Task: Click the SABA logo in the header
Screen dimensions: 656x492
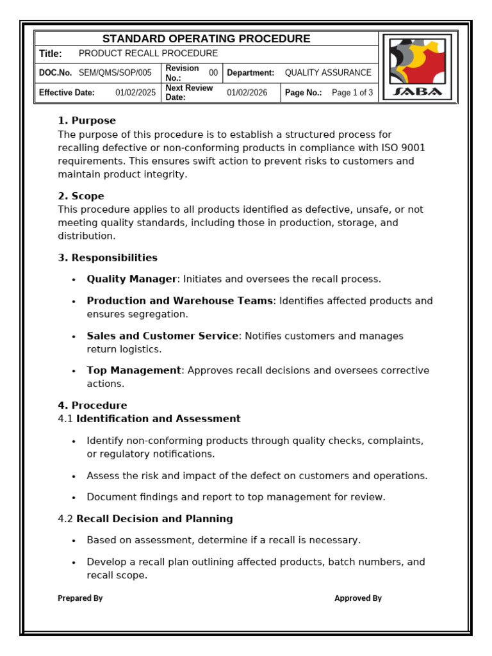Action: tap(417, 67)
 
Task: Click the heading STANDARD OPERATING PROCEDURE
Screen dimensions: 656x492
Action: tap(206, 38)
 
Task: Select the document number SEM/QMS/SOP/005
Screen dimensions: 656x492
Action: tap(115, 73)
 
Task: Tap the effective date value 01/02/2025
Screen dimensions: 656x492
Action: tap(135, 92)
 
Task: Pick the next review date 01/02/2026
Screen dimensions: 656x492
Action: tap(247, 92)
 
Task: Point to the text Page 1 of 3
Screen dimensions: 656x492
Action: tap(352, 92)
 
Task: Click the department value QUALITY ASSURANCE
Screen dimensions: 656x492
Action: tap(328, 73)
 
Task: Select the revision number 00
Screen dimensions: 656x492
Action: tap(213, 73)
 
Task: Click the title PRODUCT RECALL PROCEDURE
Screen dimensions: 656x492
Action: tap(148, 54)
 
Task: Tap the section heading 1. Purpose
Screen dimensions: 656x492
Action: tap(87, 120)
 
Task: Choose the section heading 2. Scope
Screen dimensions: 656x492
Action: tap(81, 196)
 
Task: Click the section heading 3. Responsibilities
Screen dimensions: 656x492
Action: tap(108, 258)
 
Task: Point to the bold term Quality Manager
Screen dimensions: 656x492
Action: tap(131, 279)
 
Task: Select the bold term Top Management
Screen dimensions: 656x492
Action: tap(134, 370)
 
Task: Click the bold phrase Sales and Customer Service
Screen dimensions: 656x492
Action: tap(163, 336)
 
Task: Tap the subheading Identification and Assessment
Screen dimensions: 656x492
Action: tap(158, 419)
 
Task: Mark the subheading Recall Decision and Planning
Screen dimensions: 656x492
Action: tap(154, 519)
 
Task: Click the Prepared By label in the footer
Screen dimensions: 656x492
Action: tap(80, 598)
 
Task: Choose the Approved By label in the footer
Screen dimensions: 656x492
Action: tap(358, 598)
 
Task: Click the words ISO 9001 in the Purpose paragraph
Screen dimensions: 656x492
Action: tap(404, 148)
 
